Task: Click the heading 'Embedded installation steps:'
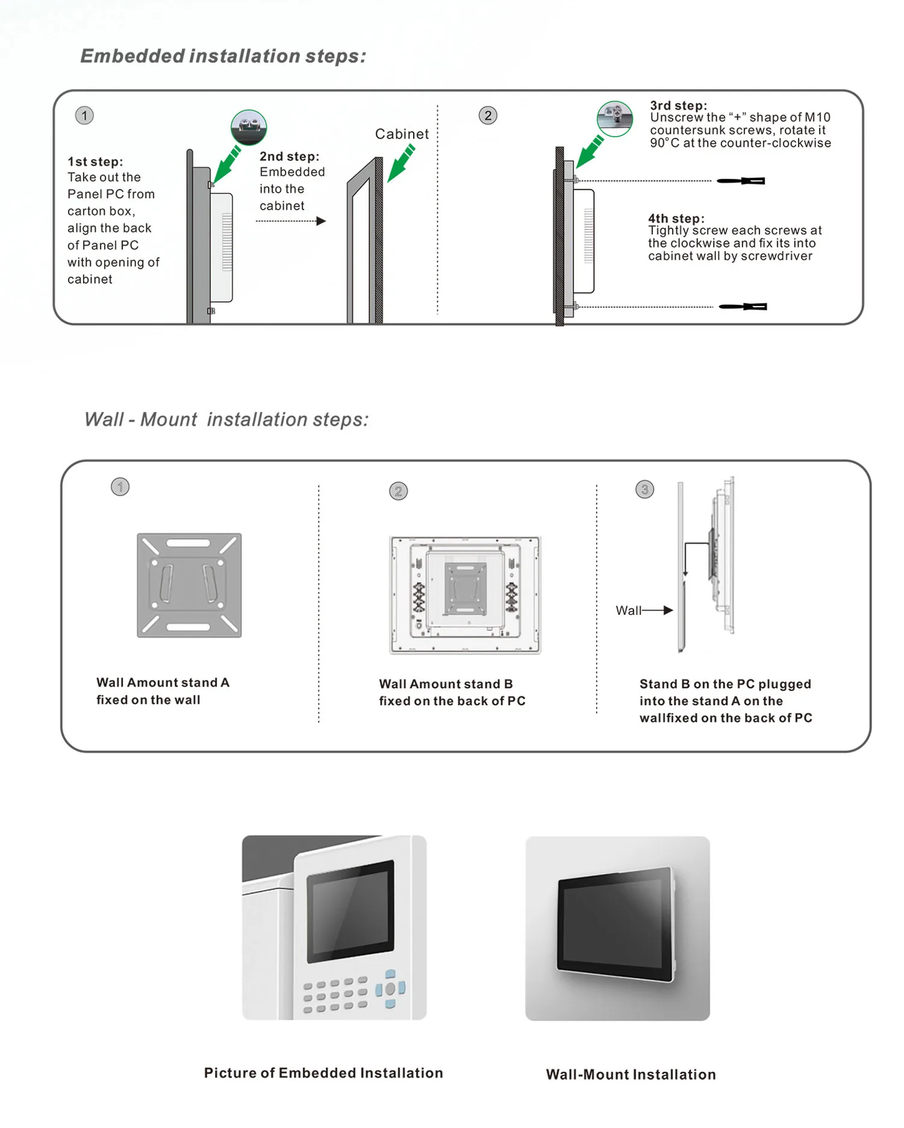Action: pyautogui.click(x=223, y=56)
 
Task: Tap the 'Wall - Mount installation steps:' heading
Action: pyautogui.click(x=226, y=419)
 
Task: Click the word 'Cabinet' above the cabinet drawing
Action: pyautogui.click(x=402, y=134)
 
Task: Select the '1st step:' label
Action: pyautogui.click(x=95, y=161)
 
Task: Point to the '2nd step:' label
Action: pyautogui.click(x=289, y=157)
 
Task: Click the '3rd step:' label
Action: pyautogui.click(x=678, y=105)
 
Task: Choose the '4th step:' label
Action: pyautogui.click(x=676, y=219)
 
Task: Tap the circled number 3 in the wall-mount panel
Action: pyautogui.click(x=644, y=489)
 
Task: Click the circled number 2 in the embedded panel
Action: pyautogui.click(x=488, y=116)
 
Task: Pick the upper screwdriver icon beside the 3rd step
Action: pyautogui.click(x=741, y=181)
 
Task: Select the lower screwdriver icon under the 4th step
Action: pyautogui.click(x=743, y=307)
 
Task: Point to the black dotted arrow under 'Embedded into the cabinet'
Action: pyautogui.click(x=291, y=221)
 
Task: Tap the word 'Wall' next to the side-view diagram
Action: pyautogui.click(x=628, y=610)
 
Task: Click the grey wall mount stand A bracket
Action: pyautogui.click(x=189, y=585)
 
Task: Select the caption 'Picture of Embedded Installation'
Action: pyautogui.click(x=323, y=1073)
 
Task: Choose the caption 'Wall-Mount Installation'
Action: pyautogui.click(x=631, y=1074)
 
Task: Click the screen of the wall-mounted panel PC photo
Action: pyautogui.click(x=614, y=915)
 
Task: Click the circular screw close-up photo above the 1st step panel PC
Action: pyautogui.click(x=249, y=127)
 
